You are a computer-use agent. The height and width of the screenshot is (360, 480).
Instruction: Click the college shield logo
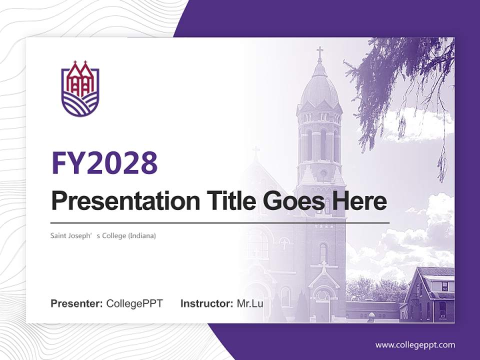80,89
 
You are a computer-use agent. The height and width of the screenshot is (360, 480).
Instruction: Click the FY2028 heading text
104,163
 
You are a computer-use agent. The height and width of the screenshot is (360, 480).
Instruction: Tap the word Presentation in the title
118,201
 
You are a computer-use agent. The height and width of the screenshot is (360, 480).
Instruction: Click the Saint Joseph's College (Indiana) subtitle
103,235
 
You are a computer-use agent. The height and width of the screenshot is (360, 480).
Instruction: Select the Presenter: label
77,303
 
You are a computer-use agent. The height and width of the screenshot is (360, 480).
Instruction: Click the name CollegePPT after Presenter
134,303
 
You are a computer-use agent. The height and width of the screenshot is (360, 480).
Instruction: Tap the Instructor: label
206,303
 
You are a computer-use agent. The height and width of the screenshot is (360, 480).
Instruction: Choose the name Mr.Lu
249,303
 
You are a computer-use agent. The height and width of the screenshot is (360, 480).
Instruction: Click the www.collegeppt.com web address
415,345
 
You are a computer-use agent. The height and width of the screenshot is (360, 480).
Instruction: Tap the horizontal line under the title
220,222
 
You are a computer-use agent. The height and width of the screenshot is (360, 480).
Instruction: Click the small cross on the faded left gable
256,151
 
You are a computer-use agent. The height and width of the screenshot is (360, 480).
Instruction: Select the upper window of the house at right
444,286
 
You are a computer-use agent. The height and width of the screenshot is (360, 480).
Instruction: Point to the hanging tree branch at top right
400,75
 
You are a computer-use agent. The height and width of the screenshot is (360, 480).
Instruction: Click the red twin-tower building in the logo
80,80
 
